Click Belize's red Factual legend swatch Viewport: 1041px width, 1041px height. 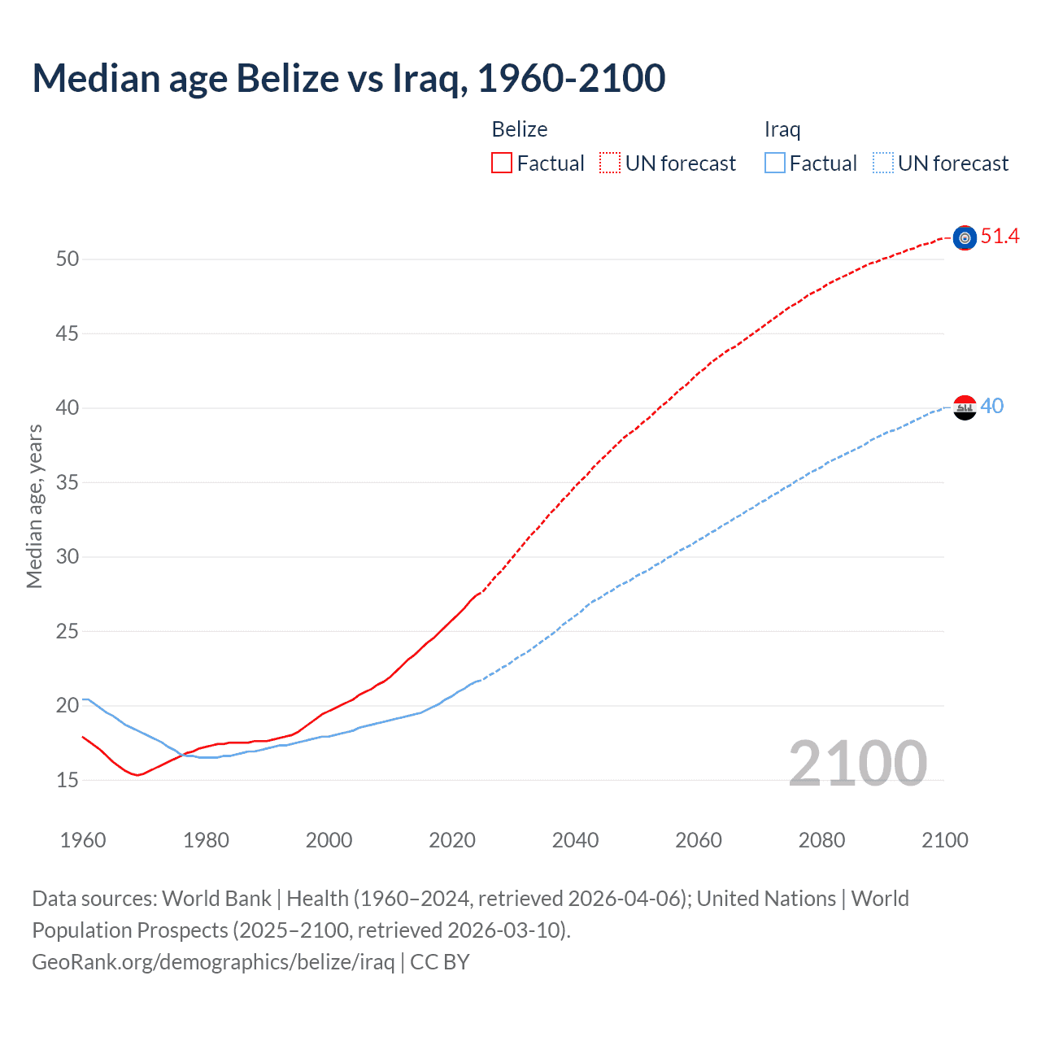click(502, 163)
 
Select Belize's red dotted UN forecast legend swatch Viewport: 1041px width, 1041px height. click(610, 163)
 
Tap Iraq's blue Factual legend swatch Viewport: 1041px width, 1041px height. click(775, 163)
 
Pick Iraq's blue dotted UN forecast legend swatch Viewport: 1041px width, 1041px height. click(883, 163)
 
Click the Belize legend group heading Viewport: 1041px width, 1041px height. click(519, 129)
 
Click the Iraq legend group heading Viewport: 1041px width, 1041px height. click(782, 129)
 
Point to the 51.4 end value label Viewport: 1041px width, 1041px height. click(1000, 237)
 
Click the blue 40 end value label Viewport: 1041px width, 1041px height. click(991, 406)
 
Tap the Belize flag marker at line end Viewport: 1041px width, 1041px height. click(965, 237)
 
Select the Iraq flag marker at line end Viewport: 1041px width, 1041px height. click(965, 407)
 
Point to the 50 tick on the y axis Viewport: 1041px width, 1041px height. click(68, 259)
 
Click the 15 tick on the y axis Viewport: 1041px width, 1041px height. click(68, 780)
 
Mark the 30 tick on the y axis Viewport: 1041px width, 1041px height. click(68, 557)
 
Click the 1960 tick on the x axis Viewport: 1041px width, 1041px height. click(83, 840)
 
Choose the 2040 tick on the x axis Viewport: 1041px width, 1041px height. click(575, 840)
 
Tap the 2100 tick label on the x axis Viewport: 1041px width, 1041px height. click(944, 840)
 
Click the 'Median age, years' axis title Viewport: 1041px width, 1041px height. click(34, 506)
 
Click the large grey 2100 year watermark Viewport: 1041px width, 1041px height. click(857, 763)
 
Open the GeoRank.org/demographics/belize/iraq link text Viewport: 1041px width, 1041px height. click(213, 962)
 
